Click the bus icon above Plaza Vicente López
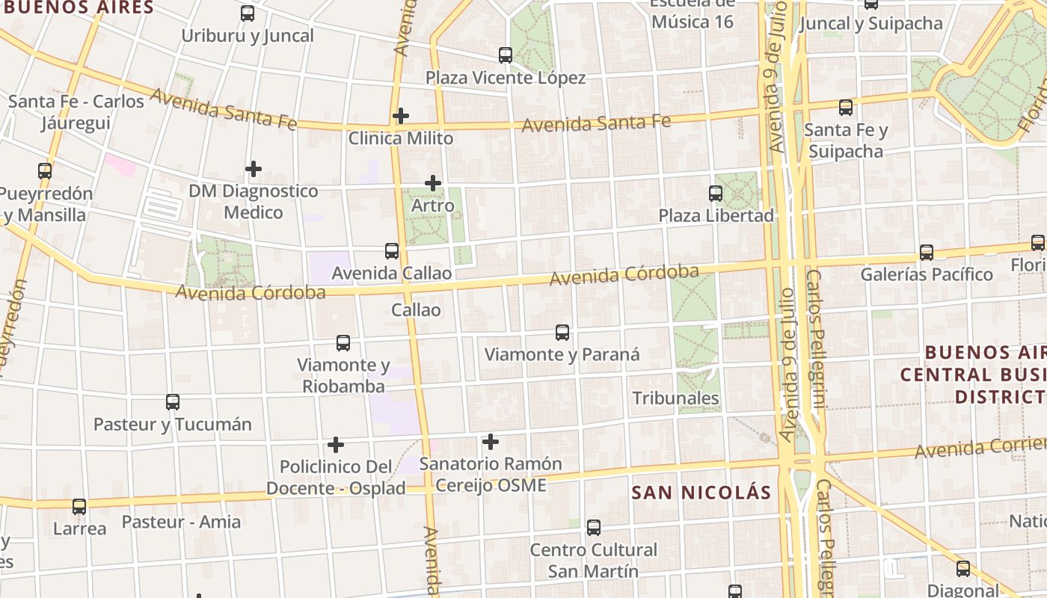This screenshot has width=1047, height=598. (x=506, y=55)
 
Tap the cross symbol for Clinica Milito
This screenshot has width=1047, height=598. (x=401, y=116)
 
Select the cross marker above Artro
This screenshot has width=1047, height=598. (x=433, y=183)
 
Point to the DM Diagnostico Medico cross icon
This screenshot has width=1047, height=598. (x=254, y=169)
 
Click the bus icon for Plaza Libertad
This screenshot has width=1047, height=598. (x=716, y=193)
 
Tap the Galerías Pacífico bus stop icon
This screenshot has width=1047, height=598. (x=927, y=252)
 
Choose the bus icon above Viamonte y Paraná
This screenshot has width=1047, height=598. (x=562, y=333)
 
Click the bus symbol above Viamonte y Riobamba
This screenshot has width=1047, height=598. (x=343, y=343)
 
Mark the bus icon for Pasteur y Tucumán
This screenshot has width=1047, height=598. (x=173, y=402)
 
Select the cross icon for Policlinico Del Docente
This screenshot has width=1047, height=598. (x=336, y=445)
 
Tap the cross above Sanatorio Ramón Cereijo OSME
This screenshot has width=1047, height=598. (x=491, y=442)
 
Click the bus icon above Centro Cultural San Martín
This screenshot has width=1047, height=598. (x=594, y=528)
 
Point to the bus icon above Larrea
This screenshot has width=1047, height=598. (x=79, y=506)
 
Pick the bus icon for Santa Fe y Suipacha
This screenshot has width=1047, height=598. (x=846, y=107)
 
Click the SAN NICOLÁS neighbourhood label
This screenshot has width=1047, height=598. (x=701, y=493)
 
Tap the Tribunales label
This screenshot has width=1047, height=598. (x=676, y=398)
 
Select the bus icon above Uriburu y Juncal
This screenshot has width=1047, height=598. (x=248, y=13)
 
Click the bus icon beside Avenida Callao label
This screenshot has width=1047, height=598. (x=392, y=251)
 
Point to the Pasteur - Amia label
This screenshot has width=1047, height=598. (x=181, y=522)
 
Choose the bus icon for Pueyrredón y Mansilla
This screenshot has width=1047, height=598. (x=45, y=171)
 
